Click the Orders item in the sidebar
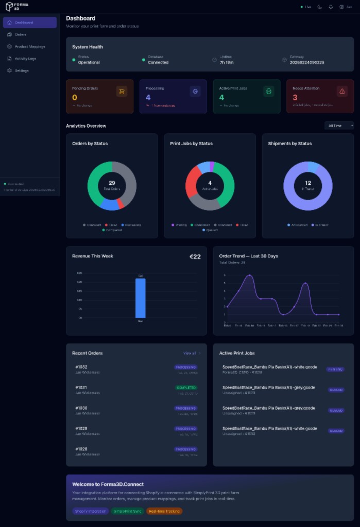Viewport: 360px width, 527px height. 21,34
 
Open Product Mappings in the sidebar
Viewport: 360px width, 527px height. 29,46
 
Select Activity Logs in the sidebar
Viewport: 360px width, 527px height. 25,59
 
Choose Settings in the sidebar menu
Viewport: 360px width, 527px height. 22,71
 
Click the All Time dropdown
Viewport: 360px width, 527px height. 340,126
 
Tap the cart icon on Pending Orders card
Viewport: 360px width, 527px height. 122,91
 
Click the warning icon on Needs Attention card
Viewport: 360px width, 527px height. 342,91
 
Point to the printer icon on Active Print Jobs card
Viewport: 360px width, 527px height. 268,91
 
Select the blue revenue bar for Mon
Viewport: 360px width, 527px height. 140,298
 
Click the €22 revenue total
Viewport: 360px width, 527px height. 195,256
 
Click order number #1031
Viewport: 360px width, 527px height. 81,388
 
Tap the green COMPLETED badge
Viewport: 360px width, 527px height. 185,388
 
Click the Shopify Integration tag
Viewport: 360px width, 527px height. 90,511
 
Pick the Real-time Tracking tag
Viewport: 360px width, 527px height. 164,511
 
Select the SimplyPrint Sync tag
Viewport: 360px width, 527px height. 127,511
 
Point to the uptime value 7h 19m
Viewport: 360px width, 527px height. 227,62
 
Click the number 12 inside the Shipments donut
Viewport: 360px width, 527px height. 308,183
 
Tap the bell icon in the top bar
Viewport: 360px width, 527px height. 330,7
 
